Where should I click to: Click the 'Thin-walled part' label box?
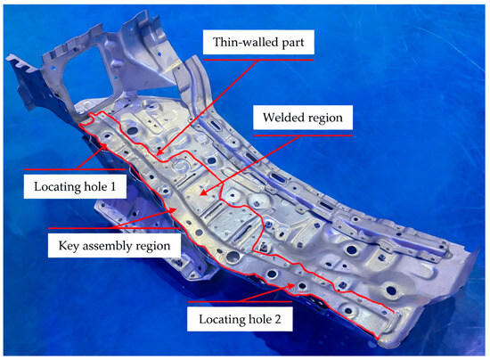[x=258, y=42]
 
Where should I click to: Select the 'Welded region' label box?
[x=303, y=118]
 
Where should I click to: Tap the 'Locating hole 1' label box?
[x=75, y=186]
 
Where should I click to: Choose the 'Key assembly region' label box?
[x=114, y=246]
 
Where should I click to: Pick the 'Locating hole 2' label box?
[x=240, y=319]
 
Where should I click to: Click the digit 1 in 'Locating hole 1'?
[x=113, y=186]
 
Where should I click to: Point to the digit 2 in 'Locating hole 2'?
[x=277, y=319]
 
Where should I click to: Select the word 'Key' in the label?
[x=69, y=246]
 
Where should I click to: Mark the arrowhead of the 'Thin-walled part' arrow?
[x=159, y=152]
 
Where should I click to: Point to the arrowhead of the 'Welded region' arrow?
[x=203, y=192]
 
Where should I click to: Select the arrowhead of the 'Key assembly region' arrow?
[x=173, y=210]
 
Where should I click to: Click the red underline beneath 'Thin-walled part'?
[x=258, y=60]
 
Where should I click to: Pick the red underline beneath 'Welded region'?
[x=303, y=135]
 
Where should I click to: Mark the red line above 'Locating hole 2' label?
[x=240, y=302]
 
